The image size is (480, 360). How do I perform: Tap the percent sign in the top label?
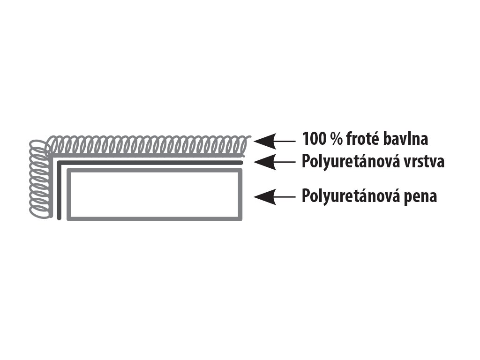click(334, 139)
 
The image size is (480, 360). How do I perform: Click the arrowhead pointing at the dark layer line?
click(261, 162)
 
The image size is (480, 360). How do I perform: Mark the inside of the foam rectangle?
click(155, 195)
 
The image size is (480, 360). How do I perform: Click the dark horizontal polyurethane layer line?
click(150, 163)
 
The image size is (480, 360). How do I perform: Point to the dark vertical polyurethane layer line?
click(59, 192)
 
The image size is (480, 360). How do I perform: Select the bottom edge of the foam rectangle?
click(155, 218)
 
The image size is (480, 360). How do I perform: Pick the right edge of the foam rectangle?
click(241, 195)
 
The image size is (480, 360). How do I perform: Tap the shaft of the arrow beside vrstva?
click(284, 162)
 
